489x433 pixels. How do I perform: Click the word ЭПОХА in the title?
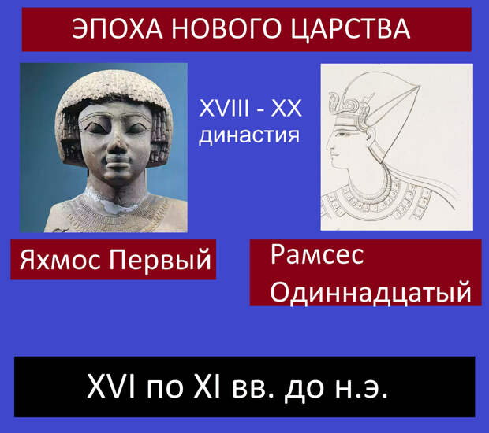point(118,28)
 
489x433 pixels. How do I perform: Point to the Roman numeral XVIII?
point(224,109)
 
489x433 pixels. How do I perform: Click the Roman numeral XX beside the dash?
point(286,109)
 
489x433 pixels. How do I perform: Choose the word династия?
point(249,135)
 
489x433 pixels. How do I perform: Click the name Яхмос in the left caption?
point(61,261)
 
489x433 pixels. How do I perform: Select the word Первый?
point(159,261)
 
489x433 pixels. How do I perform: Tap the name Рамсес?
point(317,255)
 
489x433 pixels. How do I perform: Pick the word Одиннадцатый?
point(371,293)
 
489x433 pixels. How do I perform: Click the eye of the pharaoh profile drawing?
point(342,134)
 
